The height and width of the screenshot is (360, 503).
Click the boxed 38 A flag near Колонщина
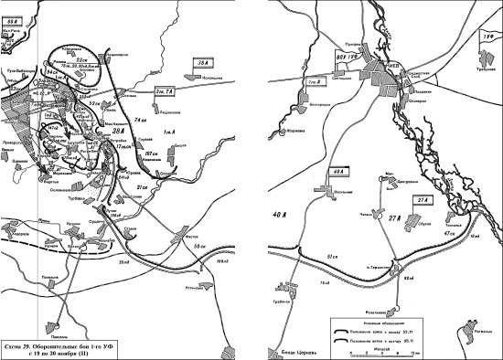point(203,62)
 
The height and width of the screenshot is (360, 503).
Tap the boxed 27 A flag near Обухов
point(422,200)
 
